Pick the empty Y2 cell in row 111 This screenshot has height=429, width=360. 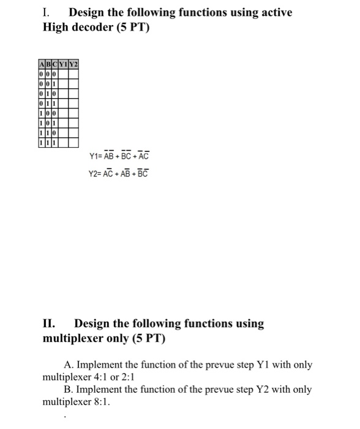(73, 143)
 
